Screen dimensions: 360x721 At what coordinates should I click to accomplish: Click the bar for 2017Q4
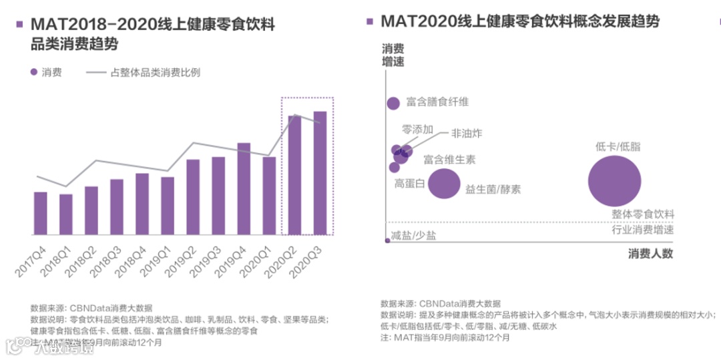pos(41,213)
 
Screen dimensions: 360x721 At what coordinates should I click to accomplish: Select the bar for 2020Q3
pos(320,173)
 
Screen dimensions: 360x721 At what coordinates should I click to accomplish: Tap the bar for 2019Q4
pos(244,188)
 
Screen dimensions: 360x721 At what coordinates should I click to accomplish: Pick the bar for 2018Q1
pos(66,214)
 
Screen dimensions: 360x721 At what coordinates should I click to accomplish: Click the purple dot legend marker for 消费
pos(33,72)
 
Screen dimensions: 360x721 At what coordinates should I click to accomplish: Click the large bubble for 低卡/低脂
pos(614,180)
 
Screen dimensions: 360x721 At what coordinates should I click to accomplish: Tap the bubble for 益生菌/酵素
pos(444,184)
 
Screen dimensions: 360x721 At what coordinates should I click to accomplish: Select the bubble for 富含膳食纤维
pos(393,103)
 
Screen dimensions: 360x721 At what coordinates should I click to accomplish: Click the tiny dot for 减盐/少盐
pos(387,240)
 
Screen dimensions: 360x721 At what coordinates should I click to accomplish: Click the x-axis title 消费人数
pos(650,254)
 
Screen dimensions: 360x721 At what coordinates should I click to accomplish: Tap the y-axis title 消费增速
pos(393,55)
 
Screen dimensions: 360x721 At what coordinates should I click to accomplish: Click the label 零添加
pos(417,129)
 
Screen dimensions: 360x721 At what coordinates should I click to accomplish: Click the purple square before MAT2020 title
pos(370,21)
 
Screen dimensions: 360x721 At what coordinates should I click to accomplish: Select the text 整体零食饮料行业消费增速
pos(643,222)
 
